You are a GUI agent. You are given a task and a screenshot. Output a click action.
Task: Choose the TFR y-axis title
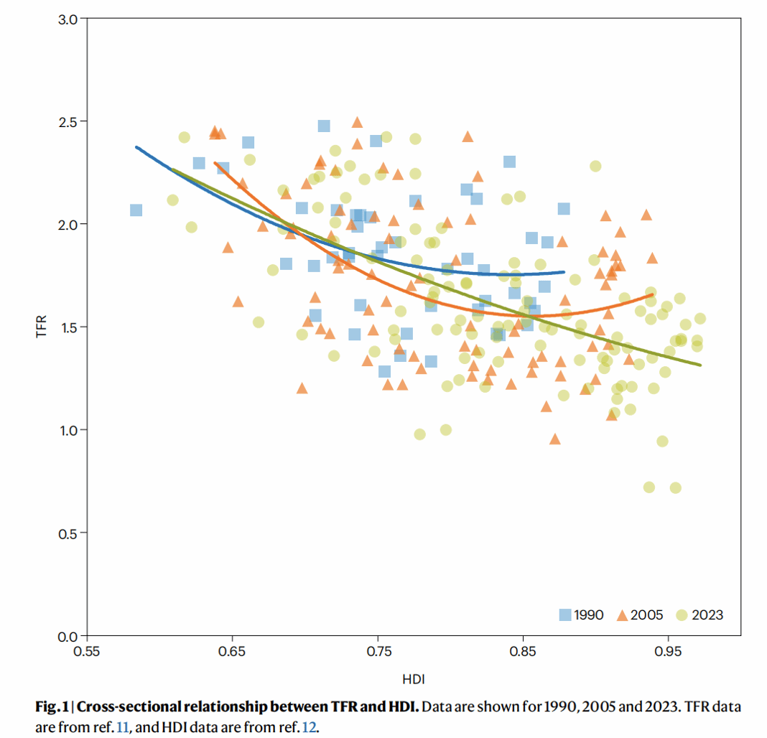click(x=42, y=327)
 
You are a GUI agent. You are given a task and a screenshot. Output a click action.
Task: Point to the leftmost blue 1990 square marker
click(x=136, y=210)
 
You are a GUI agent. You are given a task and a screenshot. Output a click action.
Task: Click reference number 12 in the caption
click(x=309, y=726)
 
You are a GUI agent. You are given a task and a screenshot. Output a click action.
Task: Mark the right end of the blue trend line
click(x=564, y=272)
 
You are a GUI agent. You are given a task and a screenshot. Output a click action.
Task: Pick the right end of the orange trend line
click(x=652, y=294)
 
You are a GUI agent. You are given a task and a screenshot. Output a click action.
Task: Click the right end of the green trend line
click(x=700, y=365)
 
